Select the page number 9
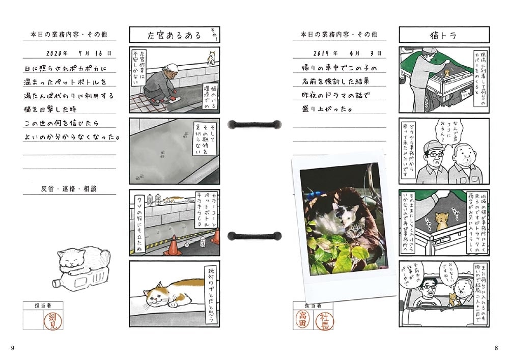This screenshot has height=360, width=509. point(13,348)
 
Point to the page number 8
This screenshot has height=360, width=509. point(496,348)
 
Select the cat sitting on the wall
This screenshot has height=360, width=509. point(210,57)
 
